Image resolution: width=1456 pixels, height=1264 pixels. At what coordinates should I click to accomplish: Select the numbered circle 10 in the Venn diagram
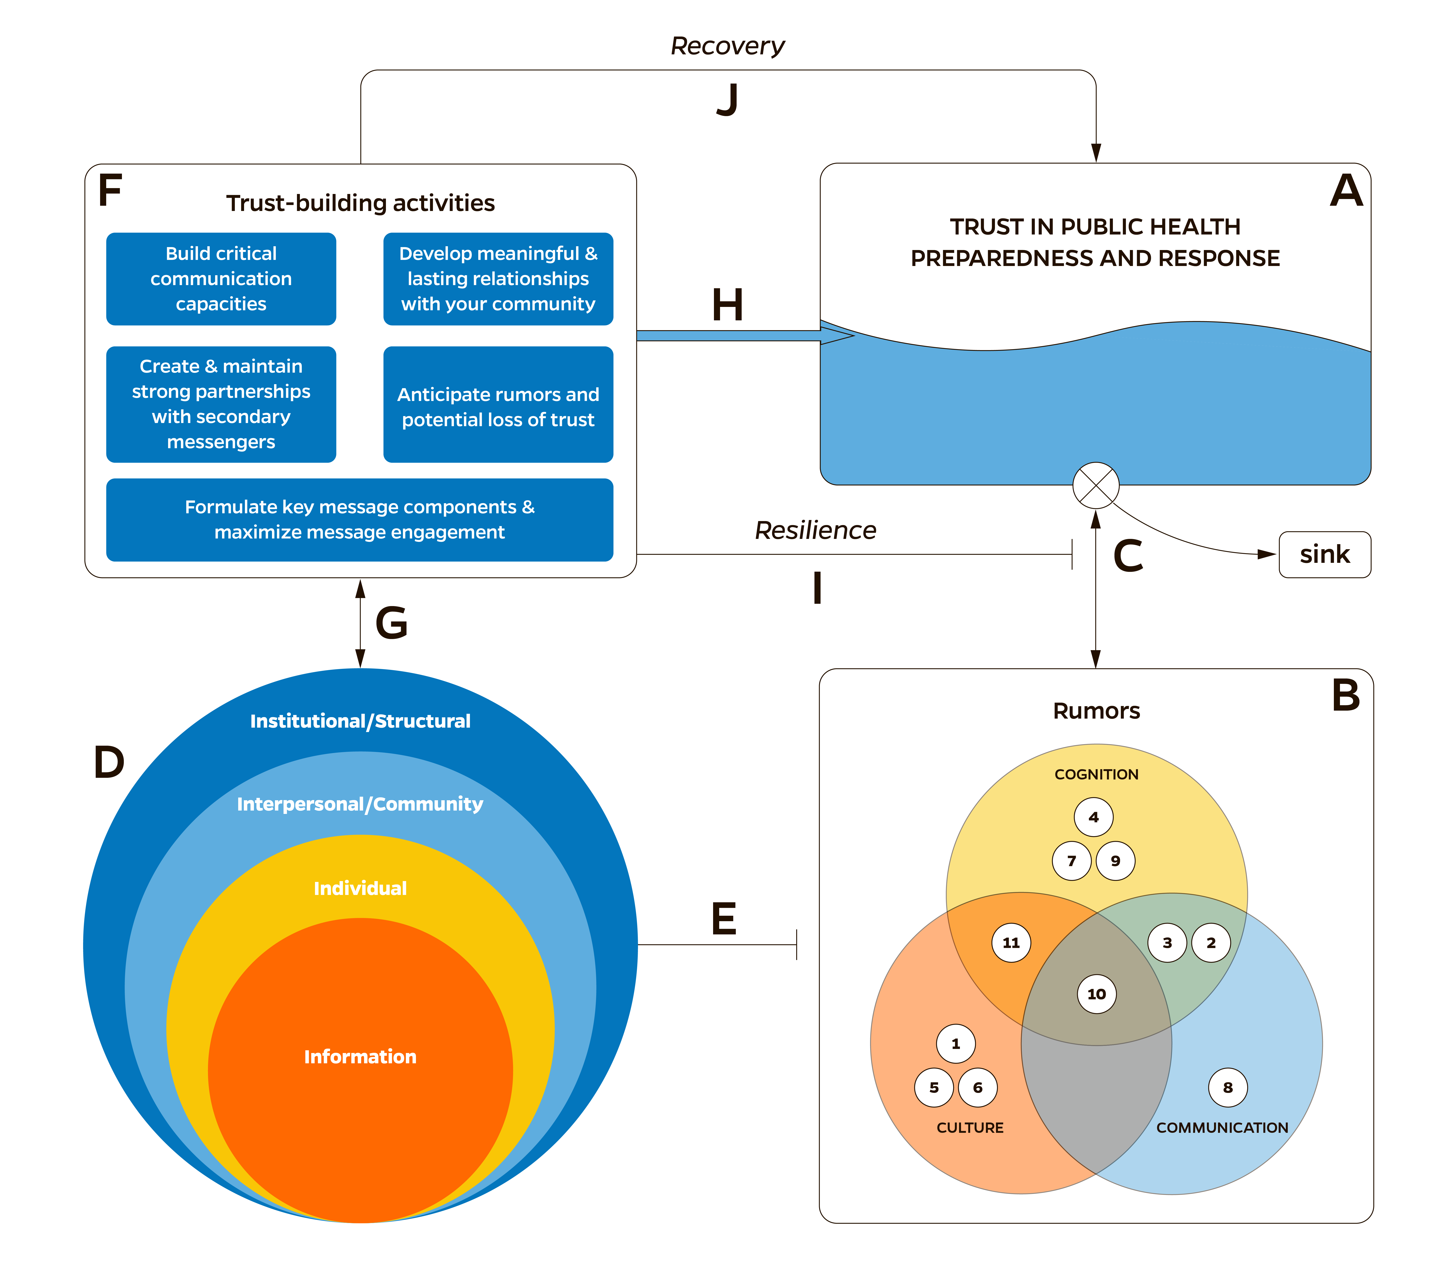pyautogui.click(x=1096, y=994)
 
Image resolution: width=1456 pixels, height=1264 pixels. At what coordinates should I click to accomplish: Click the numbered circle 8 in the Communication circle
pyautogui.click(x=1227, y=1088)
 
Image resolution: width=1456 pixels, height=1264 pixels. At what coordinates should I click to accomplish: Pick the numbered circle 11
pyautogui.click(x=1011, y=942)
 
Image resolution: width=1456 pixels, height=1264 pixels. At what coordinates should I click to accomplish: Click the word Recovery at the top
pyautogui.click(x=727, y=46)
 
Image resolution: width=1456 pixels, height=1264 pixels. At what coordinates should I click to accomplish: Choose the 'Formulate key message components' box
pyautogui.click(x=360, y=520)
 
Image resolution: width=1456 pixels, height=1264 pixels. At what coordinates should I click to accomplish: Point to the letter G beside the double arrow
pyautogui.click(x=391, y=623)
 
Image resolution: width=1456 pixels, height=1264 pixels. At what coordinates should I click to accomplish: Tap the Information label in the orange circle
pyautogui.click(x=360, y=1057)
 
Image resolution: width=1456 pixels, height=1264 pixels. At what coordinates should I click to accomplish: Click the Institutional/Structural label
pyautogui.click(x=360, y=721)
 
